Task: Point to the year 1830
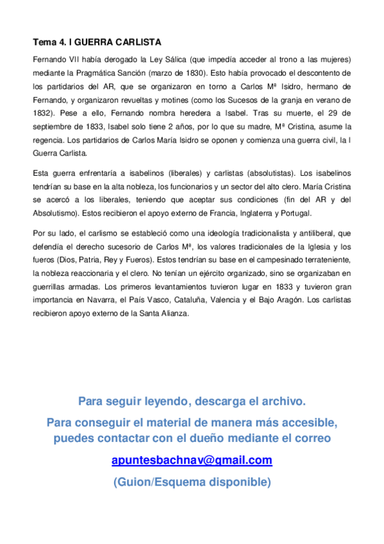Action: coord(191,73)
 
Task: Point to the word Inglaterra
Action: coord(266,214)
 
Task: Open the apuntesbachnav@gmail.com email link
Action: coord(192,461)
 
